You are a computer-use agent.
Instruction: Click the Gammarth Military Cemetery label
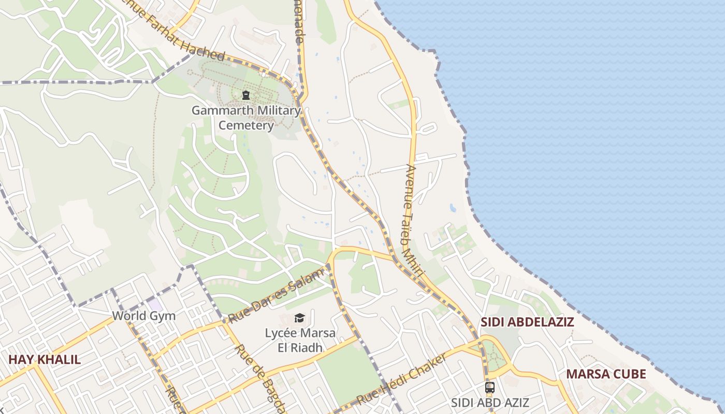246,117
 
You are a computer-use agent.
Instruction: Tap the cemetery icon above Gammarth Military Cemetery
246,95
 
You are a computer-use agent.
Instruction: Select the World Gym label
144,316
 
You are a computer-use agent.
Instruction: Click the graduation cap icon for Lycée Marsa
299,317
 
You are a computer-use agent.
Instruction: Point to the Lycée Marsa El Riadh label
300,340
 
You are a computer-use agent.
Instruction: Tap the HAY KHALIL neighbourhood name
45,359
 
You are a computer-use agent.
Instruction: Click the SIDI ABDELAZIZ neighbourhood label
527,322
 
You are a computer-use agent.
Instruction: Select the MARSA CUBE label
606,374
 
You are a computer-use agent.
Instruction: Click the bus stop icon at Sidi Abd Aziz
489,387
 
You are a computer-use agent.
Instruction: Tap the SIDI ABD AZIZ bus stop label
490,402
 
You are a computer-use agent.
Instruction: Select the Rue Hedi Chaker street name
402,380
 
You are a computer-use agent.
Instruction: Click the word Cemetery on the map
246,125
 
